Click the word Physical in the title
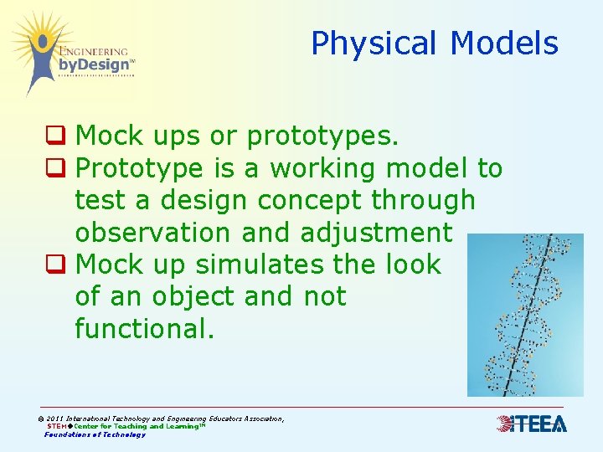tap(375, 44)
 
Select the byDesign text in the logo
tap(94, 64)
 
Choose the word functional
tap(144, 329)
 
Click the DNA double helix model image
tap(524, 315)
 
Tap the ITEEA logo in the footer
tap(532, 424)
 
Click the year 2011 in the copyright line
tap(54, 419)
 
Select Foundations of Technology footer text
tap(95, 434)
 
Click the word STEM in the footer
tap(59, 426)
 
